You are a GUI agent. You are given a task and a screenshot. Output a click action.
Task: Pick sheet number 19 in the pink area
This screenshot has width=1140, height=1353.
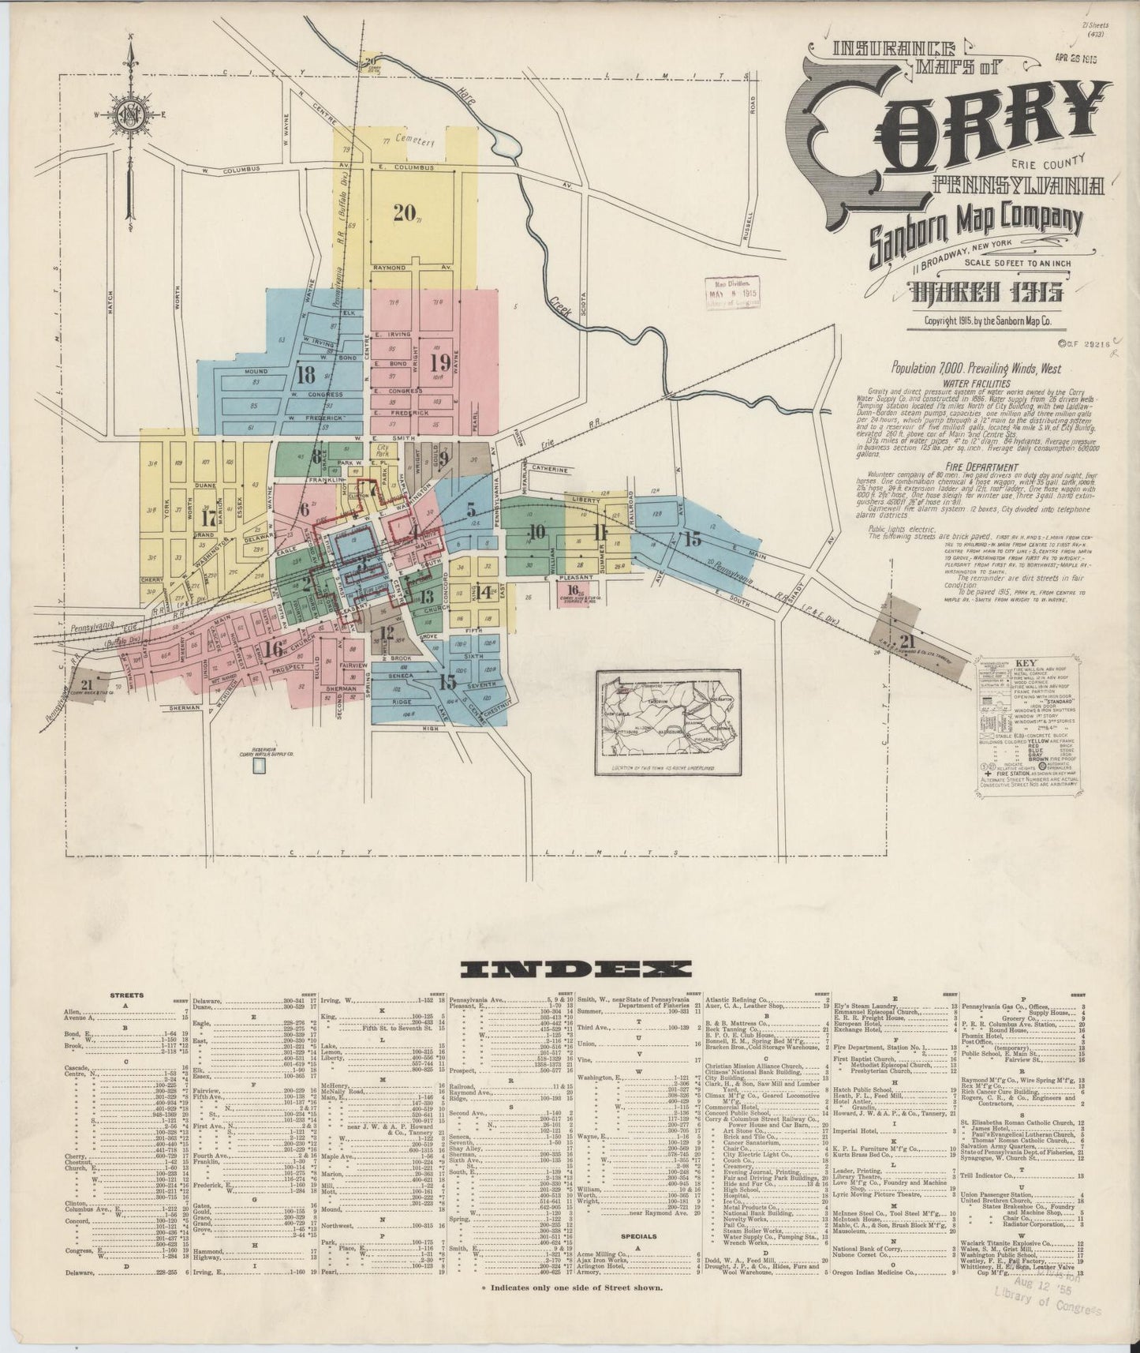point(440,362)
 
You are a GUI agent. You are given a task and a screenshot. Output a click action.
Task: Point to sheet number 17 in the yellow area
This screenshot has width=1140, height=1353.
point(208,519)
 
